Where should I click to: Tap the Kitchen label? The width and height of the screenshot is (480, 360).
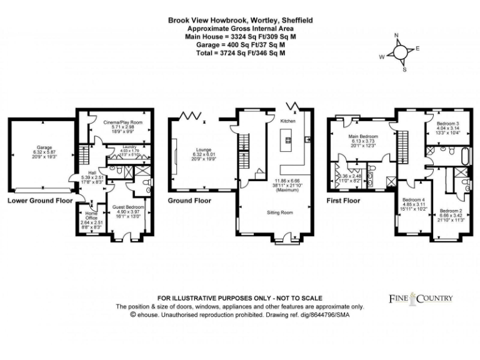287,120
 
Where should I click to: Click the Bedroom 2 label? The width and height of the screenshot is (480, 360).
449,211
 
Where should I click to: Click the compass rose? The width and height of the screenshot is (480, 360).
398,53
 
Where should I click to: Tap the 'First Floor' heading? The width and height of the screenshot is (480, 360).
344,201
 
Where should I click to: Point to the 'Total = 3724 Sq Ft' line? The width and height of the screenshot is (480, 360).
240,53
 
